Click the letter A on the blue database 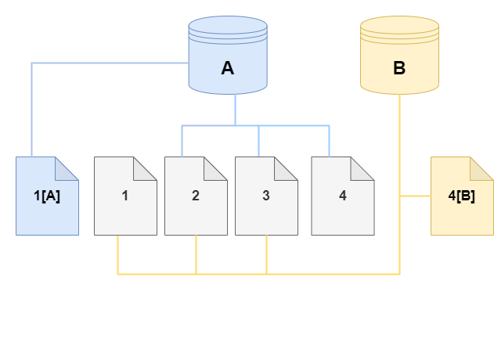pyautogui.click(x=228, y=69)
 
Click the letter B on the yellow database pyautogui.click(x=398, y=69)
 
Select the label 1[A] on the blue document pyautogui.click(x=47, y=196)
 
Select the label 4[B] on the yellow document pyautogui.click(x=461, y=196)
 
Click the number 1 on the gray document pyautogui.click(x=125, y=196)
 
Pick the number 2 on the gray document pyautogui.click(x=196, y=196)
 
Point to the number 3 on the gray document pyautogui.click(x=266, y=196)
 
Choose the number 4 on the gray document pyautogui.click(x=342, y=196)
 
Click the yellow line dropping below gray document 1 pyautogui.click(x=117, y=254)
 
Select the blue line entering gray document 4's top pyautogui.click(x=328, y=141)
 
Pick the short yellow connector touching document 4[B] pyautogui.click(x=415, y=196)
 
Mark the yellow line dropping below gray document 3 pyautogui.click(x=267, y=254)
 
